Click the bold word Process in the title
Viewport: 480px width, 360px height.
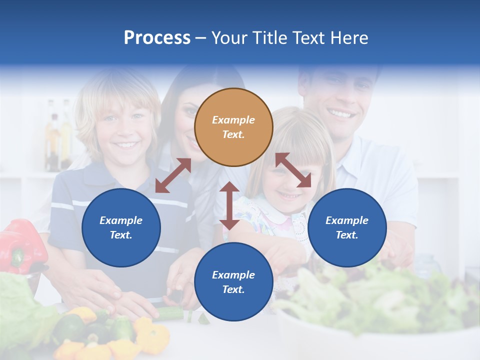157,38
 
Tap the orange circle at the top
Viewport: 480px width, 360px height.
233,127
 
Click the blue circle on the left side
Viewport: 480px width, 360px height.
121,227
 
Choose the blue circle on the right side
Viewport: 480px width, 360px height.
347,227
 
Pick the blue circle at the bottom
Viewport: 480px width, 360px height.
233,282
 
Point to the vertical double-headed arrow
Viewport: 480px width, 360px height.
229,205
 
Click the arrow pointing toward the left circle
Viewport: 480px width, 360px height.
173,175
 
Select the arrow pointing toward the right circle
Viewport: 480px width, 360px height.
293,170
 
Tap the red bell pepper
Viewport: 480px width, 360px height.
22,245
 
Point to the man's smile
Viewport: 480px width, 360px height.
341,114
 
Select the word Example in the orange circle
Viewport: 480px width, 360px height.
233,120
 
